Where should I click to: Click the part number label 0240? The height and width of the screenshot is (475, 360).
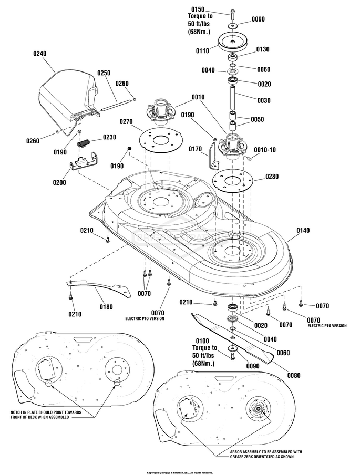[40, 54]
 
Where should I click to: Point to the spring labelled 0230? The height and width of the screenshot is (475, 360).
[84, 143]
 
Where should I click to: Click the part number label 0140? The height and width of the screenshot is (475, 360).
[303, 230]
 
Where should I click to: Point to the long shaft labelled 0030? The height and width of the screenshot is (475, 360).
[233, 98]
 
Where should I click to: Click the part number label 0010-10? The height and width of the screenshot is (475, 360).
[265, 150]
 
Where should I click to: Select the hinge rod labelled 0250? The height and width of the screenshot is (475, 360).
[116, 105]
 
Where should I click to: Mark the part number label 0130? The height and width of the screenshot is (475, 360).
[262, 49]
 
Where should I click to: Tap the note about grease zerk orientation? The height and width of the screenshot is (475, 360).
[262, 454]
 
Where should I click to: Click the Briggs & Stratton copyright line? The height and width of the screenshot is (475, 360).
[180, 472]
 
